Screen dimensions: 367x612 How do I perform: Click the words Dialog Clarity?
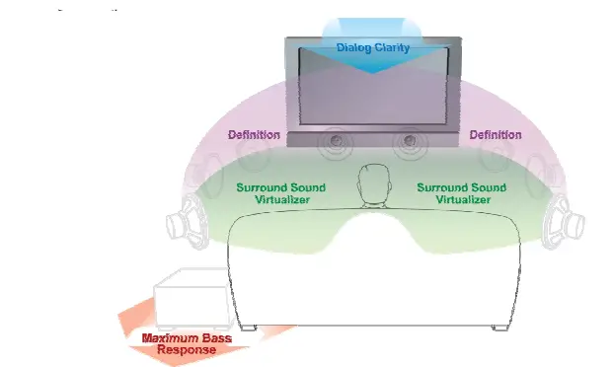click(372, 46)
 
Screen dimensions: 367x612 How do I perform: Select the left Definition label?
click(255, 135)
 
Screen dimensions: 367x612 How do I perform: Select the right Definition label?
click(495, 135)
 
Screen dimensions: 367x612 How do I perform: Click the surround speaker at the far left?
click(187, 218)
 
